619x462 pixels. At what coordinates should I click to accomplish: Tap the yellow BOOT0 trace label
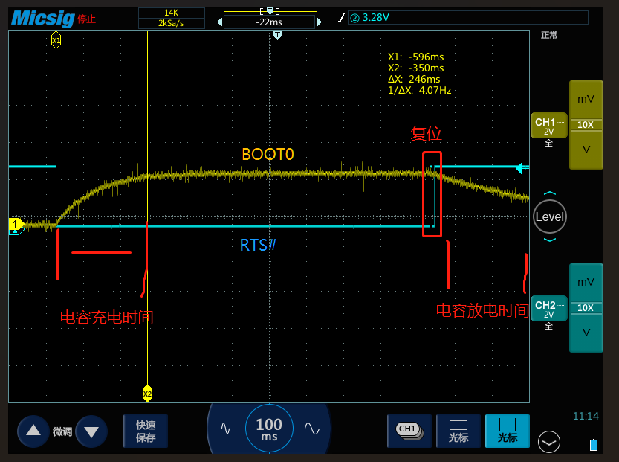click(268, 154)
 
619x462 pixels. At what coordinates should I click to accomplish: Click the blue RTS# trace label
click(258, 244)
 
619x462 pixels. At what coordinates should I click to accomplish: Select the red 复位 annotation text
click(426, 134)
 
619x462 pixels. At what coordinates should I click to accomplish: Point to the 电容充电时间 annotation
click(106, 318)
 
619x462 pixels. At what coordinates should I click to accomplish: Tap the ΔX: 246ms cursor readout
click(414, 79)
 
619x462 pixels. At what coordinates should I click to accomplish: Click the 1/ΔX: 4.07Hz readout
click(419, 90)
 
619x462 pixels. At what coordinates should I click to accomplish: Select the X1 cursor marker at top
click(56, 39)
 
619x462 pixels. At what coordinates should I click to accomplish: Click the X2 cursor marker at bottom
click(147, 393)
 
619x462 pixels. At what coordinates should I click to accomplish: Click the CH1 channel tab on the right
click(548, 126)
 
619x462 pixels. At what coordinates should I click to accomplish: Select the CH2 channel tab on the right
click(548, 309)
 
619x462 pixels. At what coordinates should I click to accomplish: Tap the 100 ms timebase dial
click(269, 429)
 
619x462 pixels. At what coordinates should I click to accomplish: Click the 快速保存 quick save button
click(146, 431)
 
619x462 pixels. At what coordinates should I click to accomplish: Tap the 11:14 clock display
click(586, 416)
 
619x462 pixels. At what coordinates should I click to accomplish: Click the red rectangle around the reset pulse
click(432, 194)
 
